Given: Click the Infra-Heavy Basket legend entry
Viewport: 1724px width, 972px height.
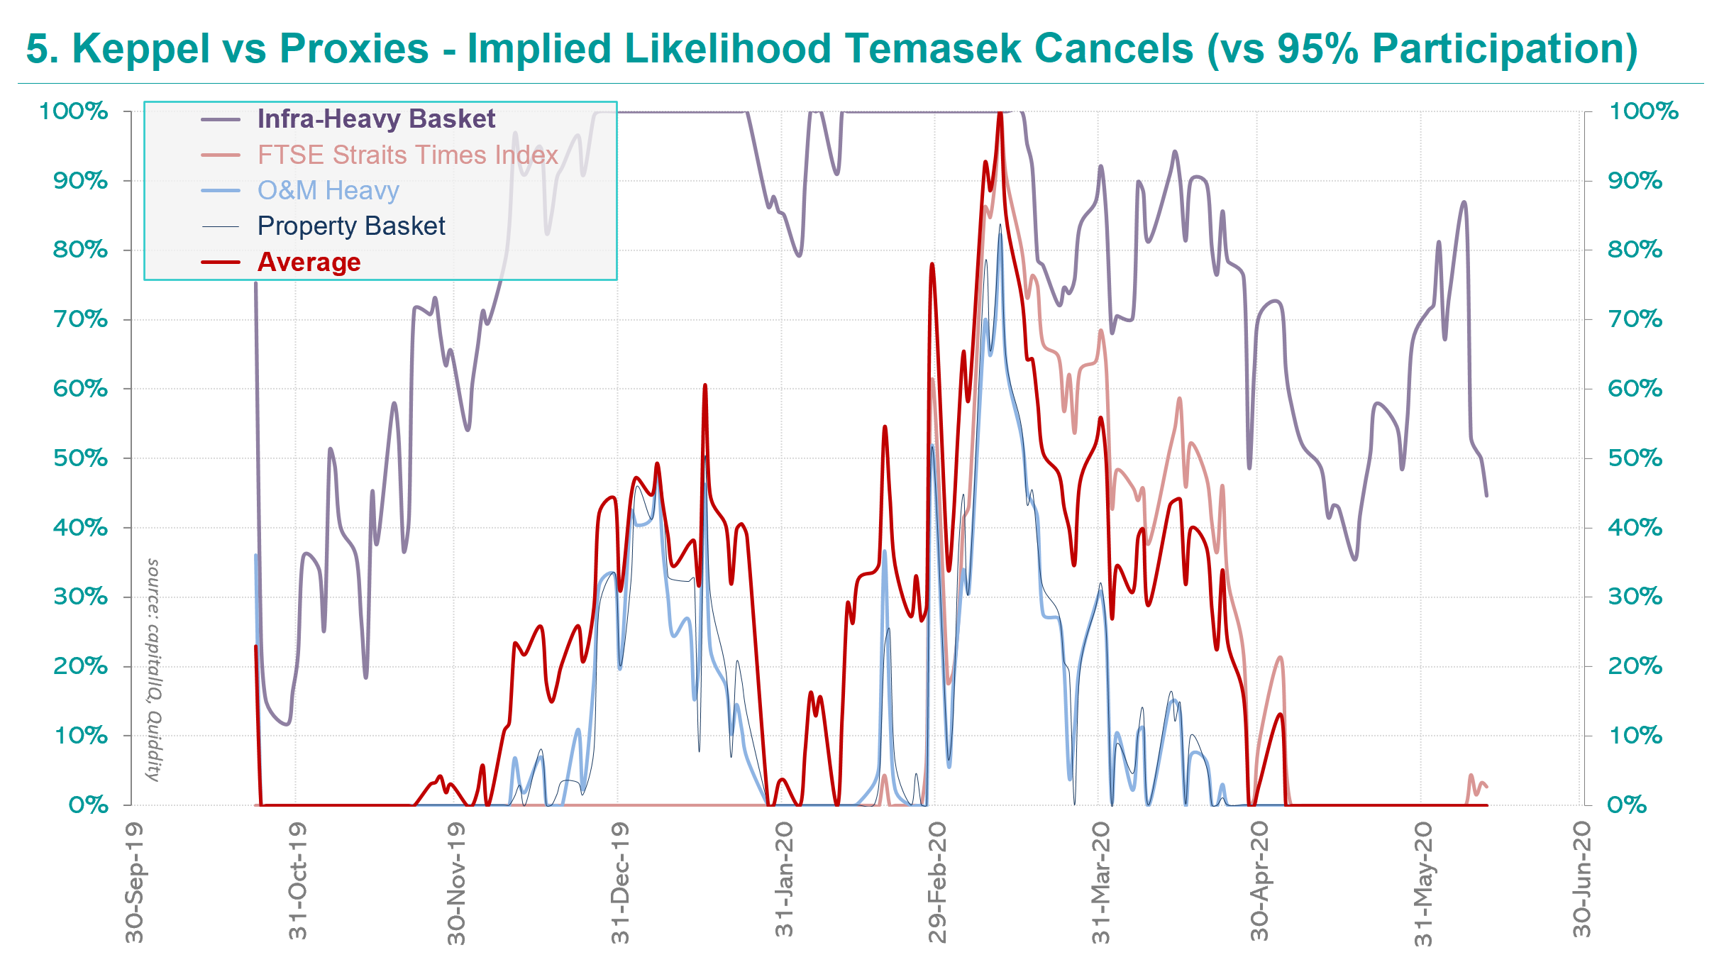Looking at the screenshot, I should (376, 119).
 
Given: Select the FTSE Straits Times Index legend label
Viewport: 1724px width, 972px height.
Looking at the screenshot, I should (407, 155).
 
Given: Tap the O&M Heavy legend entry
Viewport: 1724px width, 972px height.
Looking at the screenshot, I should (328, 190).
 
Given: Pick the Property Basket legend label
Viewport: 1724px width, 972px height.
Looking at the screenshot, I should (351, 226).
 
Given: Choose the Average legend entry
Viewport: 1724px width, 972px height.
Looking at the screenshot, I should (309, 262).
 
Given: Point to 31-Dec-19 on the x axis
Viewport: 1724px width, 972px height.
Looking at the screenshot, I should (620, 883).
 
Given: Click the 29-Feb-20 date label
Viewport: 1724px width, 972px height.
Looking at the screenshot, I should (937, 883).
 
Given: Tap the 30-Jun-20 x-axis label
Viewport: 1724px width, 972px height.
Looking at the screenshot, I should (1581, 880).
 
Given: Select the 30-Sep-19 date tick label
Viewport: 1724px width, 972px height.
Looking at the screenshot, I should (133, 883).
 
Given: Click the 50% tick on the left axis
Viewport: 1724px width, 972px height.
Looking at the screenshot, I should (80, 458).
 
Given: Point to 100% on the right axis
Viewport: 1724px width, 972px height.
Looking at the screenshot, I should (1643, 111).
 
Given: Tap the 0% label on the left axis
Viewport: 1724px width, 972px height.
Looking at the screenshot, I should (88, 805).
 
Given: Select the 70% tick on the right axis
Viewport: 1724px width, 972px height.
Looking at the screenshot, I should (1635, 319).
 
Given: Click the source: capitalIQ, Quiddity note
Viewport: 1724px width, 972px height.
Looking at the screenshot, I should (153, 670).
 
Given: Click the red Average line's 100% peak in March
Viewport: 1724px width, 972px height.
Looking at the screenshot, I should (1000, 114).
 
